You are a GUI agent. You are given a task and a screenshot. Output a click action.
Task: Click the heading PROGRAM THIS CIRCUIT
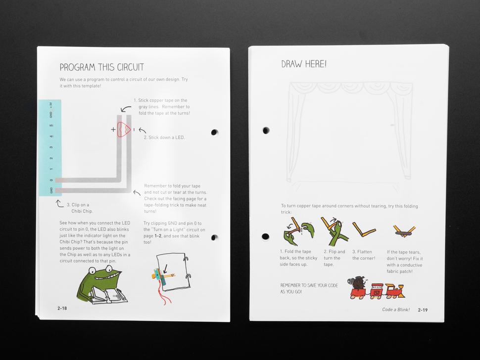tap(101, 67)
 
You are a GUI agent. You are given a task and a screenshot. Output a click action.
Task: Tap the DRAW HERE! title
tap(304, 64)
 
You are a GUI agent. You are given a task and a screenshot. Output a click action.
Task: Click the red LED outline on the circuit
tap(124, 130)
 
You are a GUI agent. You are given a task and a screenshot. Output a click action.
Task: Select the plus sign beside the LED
tap(113, 130)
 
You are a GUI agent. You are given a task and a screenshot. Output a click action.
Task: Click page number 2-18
tap(62, 308)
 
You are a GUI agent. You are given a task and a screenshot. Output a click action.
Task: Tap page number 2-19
tap(423, 310)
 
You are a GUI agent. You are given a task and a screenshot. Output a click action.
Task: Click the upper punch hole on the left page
tap(215, 132)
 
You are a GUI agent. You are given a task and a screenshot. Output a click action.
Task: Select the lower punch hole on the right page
tap(265, 236)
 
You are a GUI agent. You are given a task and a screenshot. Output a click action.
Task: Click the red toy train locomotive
tap(395, 291)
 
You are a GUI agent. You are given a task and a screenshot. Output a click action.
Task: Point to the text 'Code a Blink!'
tap(395, 310)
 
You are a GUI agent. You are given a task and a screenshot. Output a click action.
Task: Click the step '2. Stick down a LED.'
tap(164, 137)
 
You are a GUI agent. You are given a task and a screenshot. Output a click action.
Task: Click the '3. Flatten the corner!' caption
tap(363, 255)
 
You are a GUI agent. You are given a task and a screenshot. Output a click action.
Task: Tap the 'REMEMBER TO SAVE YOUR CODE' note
tap(309, 288)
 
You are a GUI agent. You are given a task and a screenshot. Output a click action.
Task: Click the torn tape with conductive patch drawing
tap(404, 231)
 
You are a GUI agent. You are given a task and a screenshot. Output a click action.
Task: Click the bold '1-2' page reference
tap(158, 236)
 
